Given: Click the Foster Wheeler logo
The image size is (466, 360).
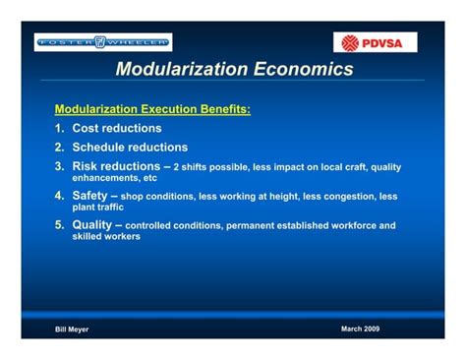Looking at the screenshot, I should click(x=103, y=41).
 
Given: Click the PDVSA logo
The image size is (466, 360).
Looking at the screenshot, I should click(x=378, y=42).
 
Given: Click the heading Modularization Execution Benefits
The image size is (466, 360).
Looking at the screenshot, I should click(x=152, y=109).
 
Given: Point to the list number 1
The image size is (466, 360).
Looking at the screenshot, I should click(x=59, y=128).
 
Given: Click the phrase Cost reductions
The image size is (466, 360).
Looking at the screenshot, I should click(x=117, y=128).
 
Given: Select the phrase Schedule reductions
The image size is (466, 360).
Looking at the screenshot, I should click(x=130, y=148).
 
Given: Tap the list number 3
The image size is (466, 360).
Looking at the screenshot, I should click(x=59, y=166).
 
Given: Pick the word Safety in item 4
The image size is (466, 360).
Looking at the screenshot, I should click(x=93, y=195).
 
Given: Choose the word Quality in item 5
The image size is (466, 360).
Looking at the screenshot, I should click(x=95, y=224).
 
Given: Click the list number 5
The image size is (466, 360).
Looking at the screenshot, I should click(x=59, y=224).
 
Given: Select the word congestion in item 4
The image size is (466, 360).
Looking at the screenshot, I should click(x=347, y=196).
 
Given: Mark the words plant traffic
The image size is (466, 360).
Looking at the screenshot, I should click(x=98, y=208).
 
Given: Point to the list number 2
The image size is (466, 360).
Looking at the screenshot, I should click(x=59, y=148).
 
